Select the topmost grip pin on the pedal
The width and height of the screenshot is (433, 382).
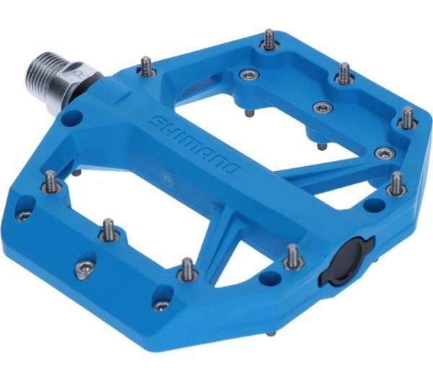click(268, 40)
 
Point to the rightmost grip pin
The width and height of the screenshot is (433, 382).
click(408, 117)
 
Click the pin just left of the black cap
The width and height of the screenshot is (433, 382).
click(293, 256)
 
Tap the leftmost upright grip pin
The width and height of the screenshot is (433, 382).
click(51, 181)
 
